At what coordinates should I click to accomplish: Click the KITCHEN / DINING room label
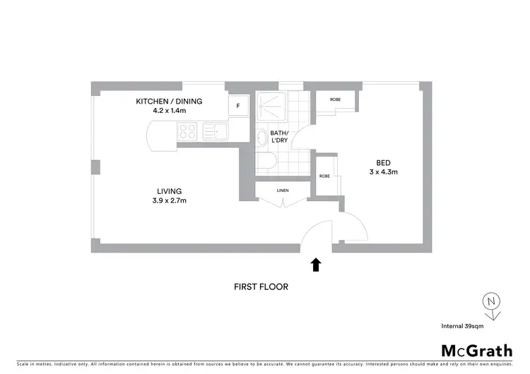pyautogui.click(x=169, y=102)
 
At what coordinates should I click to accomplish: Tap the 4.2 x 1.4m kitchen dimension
pyautogui.click(x=169, y=111)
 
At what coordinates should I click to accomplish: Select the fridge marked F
pyautogui.click(x=238, y=107)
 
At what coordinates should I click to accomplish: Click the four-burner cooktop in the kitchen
pyautogui.click(x=187, y=131)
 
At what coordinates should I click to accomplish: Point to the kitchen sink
pyautogui.click(x=213, y=131)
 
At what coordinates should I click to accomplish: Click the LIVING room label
pyautogui.click(x=170, y=191)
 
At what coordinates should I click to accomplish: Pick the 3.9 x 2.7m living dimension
pyautogui.click(x=170, y=200)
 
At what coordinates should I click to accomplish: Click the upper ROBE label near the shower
pyautogui.click(x=335, y=99)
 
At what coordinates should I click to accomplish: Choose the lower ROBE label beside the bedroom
pyautogui.click(x=325, y=176)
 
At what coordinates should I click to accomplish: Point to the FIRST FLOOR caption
pyautogui.click(x=261, y=287)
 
